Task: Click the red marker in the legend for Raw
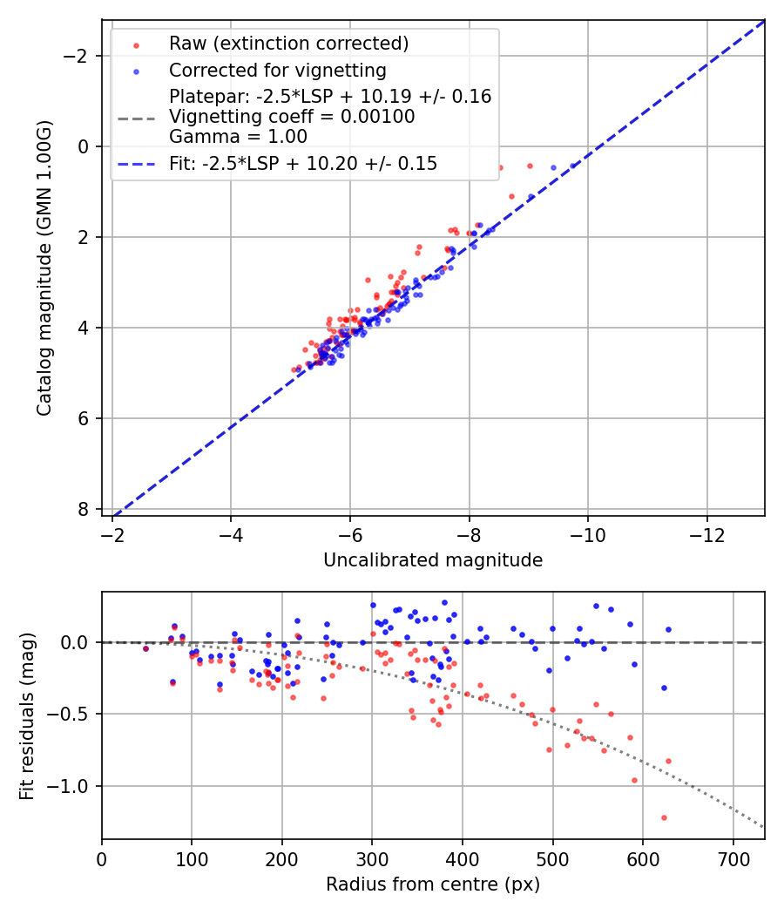click(x=136, y=44)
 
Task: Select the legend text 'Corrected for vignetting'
click(x=277, y=70)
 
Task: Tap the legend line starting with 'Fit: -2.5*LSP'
click(x=302, y=163)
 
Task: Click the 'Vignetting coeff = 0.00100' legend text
click(x=292, y=117)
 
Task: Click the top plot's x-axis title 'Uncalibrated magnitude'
click(x=433, y=560)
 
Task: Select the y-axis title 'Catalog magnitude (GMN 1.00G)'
click(x=44, y=268)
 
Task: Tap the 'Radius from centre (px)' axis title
click(x=433, y=884)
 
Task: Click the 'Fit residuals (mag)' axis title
click(x=27, y=715)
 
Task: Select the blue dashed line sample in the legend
click(x=136, y=163)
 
